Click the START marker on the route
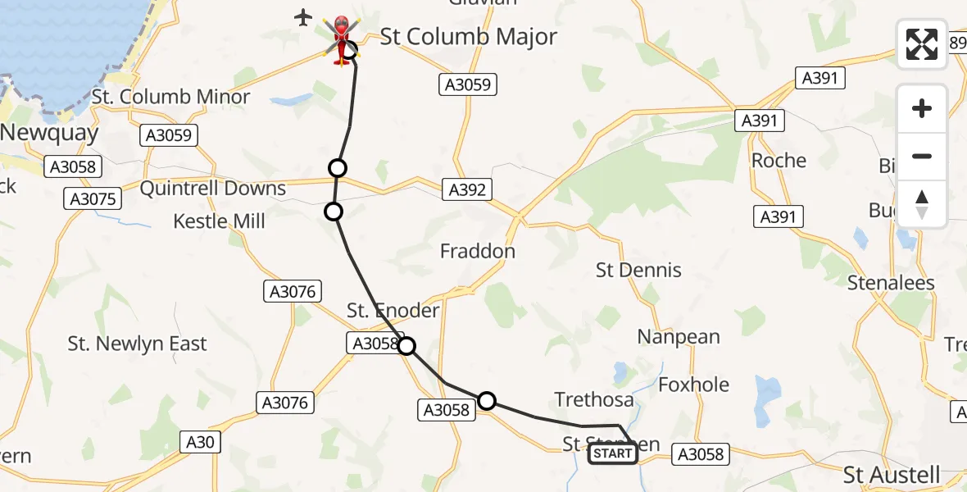pyautogui.click(x=612, y=453)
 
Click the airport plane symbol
pyautogui.click(x=304, y=16)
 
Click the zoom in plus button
pyautogui.click(x=922, y=108)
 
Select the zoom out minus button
pyautogui.click(x=922, y=156)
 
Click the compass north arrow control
pyautogui.click(x=922, y=204)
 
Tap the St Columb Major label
pyautogui.click(x=469, y=37)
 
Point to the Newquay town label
pyautogui.click(x=49, y=133)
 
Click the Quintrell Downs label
pyautogui.click(x=213, y=189)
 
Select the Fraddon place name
pyautogui.click(x=478, y=251)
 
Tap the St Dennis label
pyautogui.click(x=638, y=270)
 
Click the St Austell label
pyautogui.click(x=892, y=475)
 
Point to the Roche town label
pyautogui.click(x=779, y=160)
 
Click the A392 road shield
pyautogui.click(x=467, y=190)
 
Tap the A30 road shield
pyautogui.click(x=200, y=443)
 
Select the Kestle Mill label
pyautogui.click(x=220, y=221)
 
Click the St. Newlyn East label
pyautogui.click(x=138, y=344)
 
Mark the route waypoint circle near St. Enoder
pyautogui.click(x=406, y=346)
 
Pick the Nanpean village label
pyautogui.click(x=679, y=337)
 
